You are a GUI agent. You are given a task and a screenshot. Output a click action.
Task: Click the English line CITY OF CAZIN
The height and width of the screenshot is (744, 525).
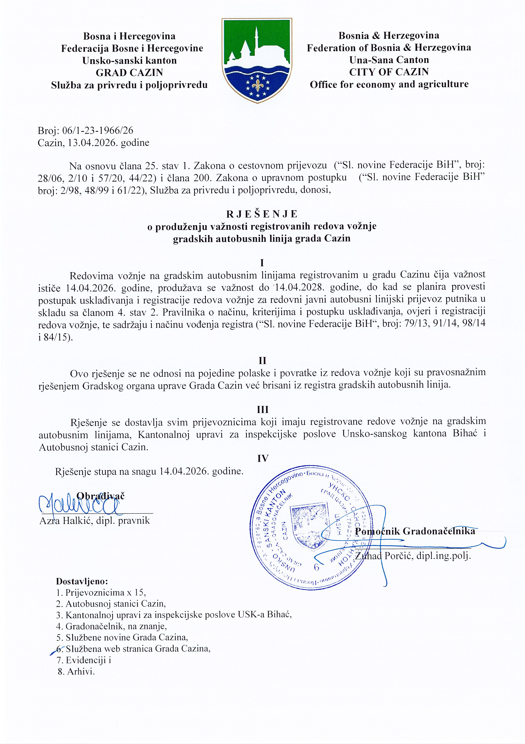coord(389,72)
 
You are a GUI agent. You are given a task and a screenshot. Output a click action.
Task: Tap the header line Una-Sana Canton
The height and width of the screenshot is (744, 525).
coord(389,60)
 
